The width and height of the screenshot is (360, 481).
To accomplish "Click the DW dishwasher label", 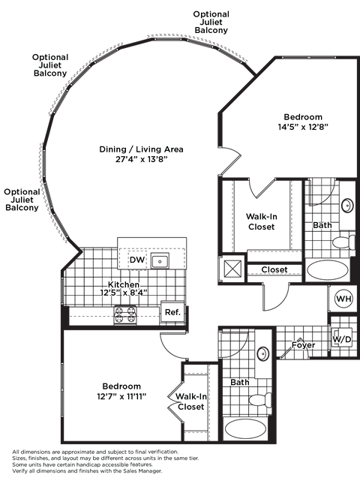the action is coord(137,260).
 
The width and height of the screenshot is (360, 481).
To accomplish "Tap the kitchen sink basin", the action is coord(160,261).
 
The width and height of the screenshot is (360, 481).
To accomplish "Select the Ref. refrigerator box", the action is coord(172,312).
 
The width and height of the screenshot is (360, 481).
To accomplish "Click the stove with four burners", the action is coord(125,314).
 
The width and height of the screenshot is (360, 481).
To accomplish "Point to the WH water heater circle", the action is coord(343,299).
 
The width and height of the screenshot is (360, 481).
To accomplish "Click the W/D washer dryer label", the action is coord(342,339).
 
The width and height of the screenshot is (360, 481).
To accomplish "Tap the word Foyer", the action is coord(303,345).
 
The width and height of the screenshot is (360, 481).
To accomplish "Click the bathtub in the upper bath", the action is coord(328,269).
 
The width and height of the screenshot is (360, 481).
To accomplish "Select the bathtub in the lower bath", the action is coord(245,428).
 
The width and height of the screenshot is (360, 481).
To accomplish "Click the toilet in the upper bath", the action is coord(344,242).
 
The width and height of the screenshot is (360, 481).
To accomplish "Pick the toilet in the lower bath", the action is coord(260,400).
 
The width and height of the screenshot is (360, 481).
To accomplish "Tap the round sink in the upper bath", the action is coord(347,205).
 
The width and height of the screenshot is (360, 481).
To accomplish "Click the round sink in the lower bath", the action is coord(263,354).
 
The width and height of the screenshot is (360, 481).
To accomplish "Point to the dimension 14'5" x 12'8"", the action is coord(303,127).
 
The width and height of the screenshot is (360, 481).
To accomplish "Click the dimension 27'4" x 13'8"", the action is coord(141,159).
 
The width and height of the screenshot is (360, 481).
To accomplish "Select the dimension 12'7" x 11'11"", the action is coord(121,396).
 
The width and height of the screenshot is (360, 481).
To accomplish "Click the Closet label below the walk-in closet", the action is coord(274,269).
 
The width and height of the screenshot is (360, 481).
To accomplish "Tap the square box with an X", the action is coord(232,269).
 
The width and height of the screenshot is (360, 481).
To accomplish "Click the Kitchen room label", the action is coord(123,284).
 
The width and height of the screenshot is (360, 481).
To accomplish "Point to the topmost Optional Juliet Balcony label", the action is coord(211,22).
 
